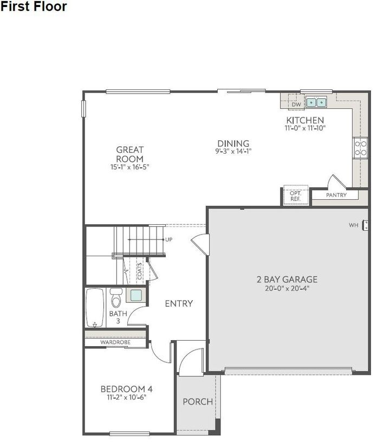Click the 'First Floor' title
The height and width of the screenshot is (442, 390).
pyautogui.click(x=34, y=7)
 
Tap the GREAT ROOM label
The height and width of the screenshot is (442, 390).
pyautogui.click(x=129, y=154)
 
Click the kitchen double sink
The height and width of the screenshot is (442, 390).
pyautogui.click(x=315, y=102)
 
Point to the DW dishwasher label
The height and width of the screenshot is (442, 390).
pyautogui.click(x=296, y=105)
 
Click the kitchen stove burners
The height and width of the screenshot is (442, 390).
pyautogui.click(x=360, y=147)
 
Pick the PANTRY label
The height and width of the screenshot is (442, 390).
pyautogui.click(x=336, y=195)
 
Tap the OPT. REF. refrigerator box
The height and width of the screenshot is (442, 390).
pyautogui.click(x=295, y=196)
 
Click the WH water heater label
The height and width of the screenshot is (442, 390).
pyautogui.click(x=353, y=225)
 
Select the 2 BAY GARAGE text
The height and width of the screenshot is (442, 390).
pyautogui.click(x=287, y=279)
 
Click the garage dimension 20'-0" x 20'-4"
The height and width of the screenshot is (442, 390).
pyautogui.click(x=287, y=288)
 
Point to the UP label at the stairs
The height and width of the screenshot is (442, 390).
pyautogui.click(x=168, y=239)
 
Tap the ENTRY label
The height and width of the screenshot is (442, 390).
pyautogui.click(x=179, y=304)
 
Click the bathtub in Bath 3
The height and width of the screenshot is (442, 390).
pyautogui.click(x=95, y=308)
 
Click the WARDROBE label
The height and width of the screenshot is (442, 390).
pyautogui.click(x=115, y=342)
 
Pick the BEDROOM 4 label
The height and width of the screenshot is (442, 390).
pyautogui.click(x=126, y=389)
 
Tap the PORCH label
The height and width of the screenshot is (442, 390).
pyautogui.click(x=197, y=402)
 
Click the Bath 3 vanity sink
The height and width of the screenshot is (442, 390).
pyautogui.click(x=135, y=296)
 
